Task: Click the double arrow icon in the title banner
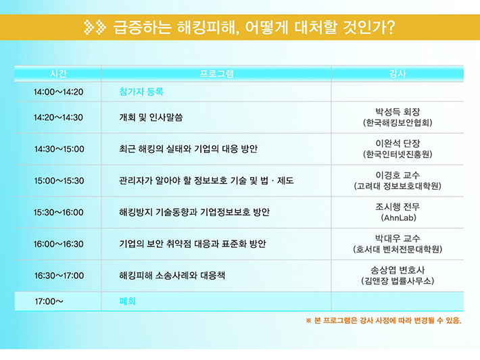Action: point(95,27)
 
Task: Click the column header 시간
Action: point(58,74)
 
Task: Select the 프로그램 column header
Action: point(216,74)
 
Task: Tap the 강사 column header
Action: point(398,74)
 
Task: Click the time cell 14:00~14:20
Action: point(58,92)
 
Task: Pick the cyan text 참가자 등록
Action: point(141,91)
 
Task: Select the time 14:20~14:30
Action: point(58,118)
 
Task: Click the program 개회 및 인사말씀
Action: point(151,117)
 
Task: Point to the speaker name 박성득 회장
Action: point(398,111)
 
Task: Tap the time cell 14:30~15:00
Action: point(59,149)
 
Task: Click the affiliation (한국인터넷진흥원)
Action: point(398,155)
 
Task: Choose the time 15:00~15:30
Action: point(59,181)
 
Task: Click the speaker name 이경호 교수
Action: point(398,175)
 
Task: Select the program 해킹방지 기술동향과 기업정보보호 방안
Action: point(195,212)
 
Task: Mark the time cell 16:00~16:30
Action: point(58,244)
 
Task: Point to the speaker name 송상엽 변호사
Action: point(398,270)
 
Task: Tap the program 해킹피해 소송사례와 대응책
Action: point(172,276)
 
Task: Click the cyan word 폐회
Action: point(127,301)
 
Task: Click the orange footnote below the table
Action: point(383,321)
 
